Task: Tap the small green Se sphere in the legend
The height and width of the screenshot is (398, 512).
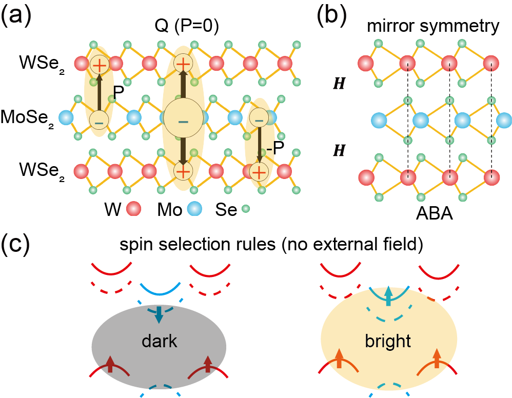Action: [x=246, y=209]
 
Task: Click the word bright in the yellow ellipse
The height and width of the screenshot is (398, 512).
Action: [x=388, y=341]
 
